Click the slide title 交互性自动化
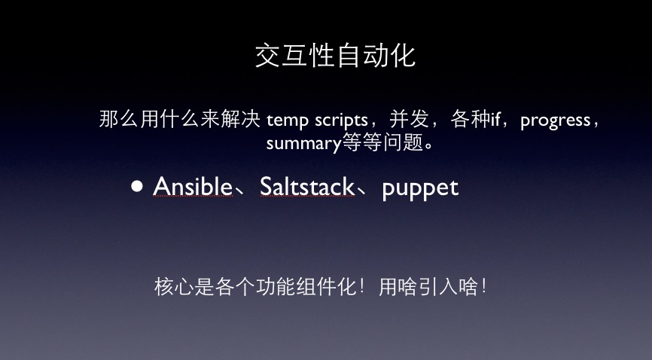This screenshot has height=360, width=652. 335,56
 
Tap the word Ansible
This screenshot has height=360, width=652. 193,186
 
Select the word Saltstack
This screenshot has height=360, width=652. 307,186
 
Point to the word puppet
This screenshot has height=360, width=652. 420,188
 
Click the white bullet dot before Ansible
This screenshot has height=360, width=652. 137,185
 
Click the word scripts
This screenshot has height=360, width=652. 341,121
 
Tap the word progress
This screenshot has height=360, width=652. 555,121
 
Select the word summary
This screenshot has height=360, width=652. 303,144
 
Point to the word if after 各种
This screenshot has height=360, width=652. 495,120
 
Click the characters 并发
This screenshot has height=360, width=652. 409,119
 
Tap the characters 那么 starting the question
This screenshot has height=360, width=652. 119,119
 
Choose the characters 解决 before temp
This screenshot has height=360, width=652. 240,119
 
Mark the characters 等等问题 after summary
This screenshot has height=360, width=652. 382,142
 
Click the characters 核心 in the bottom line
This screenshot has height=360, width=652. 174,287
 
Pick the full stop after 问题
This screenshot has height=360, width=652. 430,148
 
